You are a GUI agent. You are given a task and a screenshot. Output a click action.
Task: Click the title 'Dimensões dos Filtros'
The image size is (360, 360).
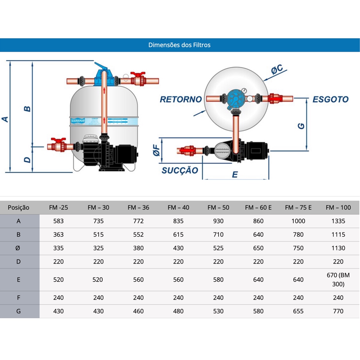pyautogui.click(x=179, y=45)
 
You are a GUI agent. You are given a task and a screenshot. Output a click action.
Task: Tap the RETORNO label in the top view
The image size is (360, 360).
pyautogui.click(x=181, y=99)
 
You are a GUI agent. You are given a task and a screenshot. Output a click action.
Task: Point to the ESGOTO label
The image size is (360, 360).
pyautogui.click(x=330, y=99)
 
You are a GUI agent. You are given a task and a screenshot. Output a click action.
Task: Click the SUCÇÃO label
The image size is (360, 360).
pyautogui.click(x=180, y=170)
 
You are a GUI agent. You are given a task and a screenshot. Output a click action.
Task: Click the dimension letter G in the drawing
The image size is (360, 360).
pyautogui.click(x=302, y=126)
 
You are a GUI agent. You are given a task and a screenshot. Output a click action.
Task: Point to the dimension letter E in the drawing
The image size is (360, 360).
pyautogui.click(x=235, y=174)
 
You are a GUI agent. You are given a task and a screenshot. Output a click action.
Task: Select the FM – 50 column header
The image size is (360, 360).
pyautogui.click(x=218, y=207)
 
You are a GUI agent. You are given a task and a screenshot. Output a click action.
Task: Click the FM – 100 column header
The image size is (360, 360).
pyautogui.click(x=338, y=207)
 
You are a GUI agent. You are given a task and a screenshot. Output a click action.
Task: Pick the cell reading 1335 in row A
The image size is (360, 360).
pyautogui.click(x=338, y=221)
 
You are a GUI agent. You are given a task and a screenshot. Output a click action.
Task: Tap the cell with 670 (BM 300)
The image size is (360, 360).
pyautogui.click(x=338, y=279)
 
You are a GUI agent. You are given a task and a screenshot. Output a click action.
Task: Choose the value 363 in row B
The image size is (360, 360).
pyautogui.click(x=58, y=235)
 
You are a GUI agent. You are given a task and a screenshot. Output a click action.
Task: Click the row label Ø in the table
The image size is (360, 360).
pyautogui.click(x=19, y=248)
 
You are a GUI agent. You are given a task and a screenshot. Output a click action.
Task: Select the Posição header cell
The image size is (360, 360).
pyautogui.click(x=19, y=207)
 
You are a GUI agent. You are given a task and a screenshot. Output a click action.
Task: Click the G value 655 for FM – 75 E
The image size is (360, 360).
pyautogui.click(x=298, y=311)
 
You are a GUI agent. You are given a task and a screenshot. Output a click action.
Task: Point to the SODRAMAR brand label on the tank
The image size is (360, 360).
pyautogui.click(x=77, y=121)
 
